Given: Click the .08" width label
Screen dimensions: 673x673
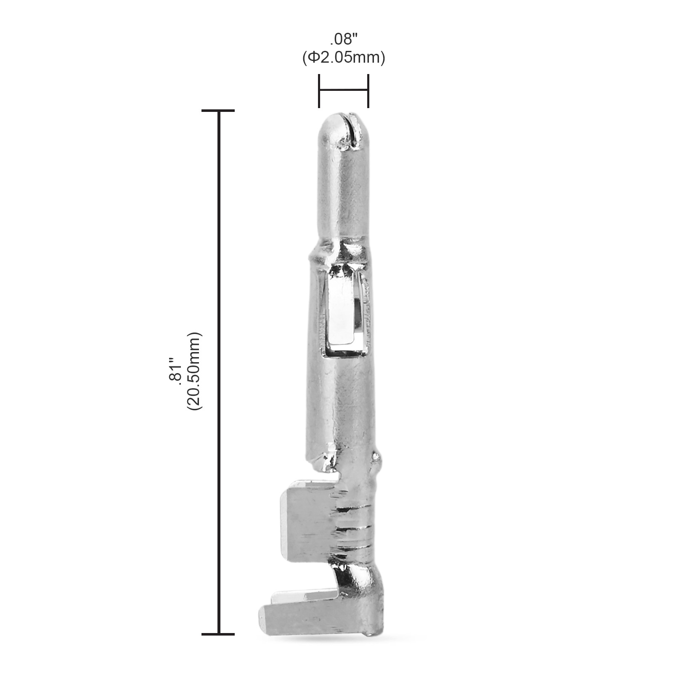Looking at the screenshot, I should [x=343, y=40].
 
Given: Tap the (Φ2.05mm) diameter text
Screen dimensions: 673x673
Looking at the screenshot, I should [x=343, y=57].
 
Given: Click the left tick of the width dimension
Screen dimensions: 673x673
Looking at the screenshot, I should [x=319, y=90].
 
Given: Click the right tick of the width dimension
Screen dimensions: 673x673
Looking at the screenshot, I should [x=368, y=90].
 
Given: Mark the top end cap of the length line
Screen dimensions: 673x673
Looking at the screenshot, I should [x=218, y=111].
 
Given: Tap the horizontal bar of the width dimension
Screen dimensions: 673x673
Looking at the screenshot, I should [x=344, y=90].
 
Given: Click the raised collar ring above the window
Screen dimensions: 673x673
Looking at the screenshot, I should [x=341, y=252].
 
